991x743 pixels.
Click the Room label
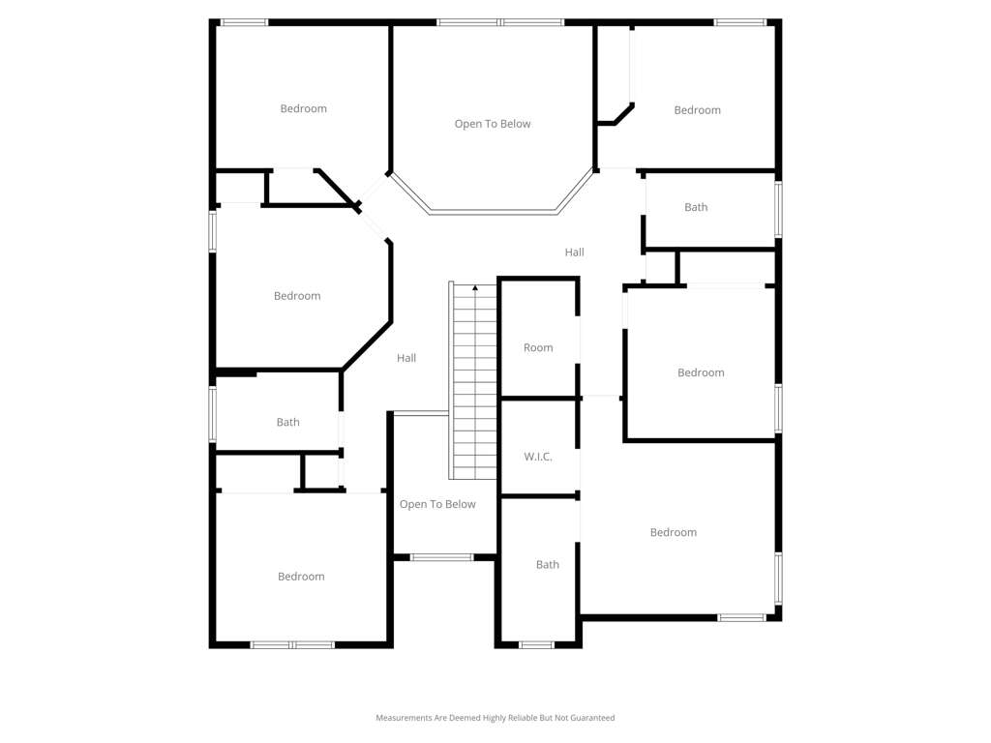click(538, 347)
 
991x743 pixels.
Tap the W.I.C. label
click(538, 457)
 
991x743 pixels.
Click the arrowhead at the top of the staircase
click(475, 288)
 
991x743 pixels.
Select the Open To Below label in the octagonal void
click(493, 124)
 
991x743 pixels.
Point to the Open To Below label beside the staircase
click(437, 504)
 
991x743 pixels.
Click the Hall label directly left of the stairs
click(406, 358)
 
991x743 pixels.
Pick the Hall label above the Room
click(575, 253)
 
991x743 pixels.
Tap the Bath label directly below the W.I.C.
click(548, 565)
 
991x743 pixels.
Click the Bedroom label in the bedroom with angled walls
click(297, 296)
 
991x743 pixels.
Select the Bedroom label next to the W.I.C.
click(674, 533)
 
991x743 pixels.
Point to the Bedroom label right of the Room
click(701, 372)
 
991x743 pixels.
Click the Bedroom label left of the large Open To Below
click(303, 108)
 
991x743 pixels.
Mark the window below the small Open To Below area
click(441, 557)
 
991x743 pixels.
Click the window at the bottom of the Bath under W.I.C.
click(536, 645)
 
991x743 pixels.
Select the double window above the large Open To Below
click(500, 23)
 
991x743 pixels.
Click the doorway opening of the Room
click(578, 340)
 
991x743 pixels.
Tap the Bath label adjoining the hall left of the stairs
click(287, 422)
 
